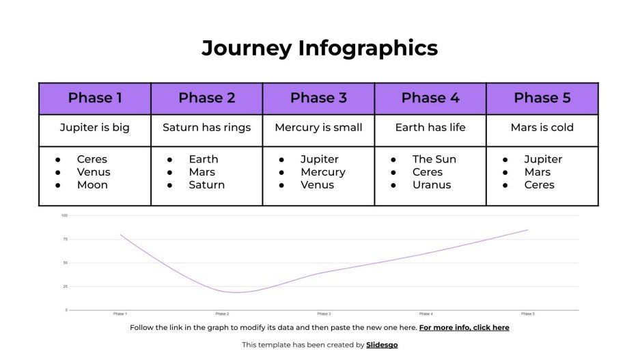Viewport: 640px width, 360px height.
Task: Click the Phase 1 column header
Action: (95, 98)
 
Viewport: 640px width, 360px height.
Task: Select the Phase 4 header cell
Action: (430, 98)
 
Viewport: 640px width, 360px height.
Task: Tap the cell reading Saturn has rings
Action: (206, 128)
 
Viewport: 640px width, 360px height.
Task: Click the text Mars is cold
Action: (542, 128)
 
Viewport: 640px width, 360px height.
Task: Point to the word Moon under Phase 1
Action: (92, 185)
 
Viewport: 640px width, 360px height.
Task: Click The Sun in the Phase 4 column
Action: (434, 159)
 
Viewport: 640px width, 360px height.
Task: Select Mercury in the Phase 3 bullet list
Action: (323, 172)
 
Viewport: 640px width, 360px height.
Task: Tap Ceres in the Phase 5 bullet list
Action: (540, 185)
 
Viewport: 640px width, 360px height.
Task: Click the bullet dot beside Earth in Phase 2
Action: (169, 160)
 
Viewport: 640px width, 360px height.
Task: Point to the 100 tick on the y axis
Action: (64, 216)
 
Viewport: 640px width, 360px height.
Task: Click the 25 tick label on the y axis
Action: (65, 286)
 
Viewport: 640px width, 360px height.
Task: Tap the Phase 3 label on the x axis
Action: (324, 314)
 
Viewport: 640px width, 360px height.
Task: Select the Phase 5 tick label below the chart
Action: (527, 314)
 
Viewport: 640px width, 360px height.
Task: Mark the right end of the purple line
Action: (527, 230)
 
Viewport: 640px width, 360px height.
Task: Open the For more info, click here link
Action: (464, 328)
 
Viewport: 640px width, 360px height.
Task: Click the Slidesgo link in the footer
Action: (382, 345)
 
